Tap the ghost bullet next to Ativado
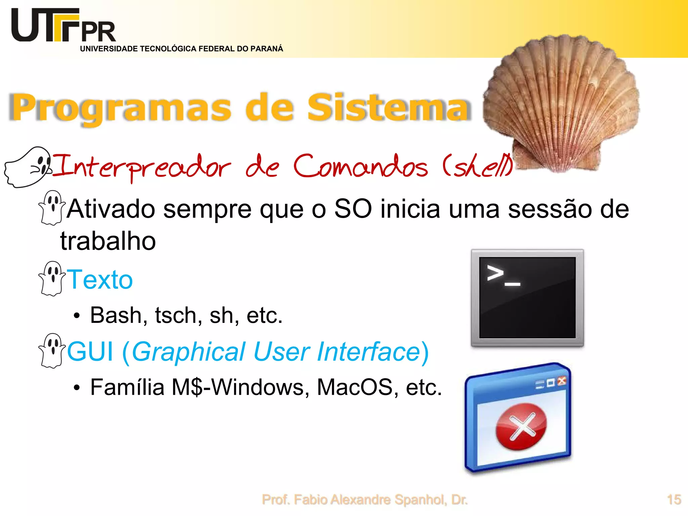[52, 208]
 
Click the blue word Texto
[100, 279]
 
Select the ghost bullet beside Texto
[52, 278]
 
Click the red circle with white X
[521, 427]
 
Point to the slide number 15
[674, 500]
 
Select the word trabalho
[108, 241]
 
